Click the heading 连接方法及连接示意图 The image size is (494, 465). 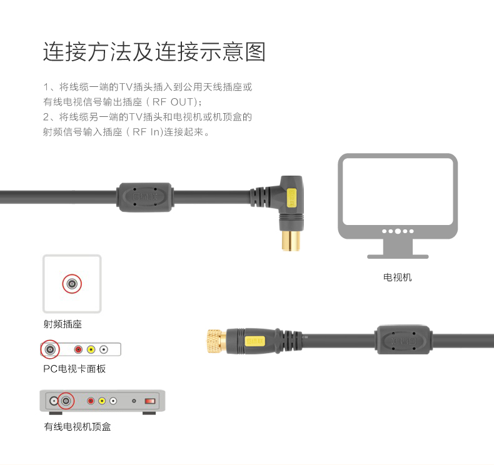(x=154, y=52)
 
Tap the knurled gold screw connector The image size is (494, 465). (x=216, y=341)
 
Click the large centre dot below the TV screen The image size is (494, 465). (x=398, y=231)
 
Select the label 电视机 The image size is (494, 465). (x=398, y=277)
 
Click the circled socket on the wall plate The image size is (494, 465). (x=72, y=284)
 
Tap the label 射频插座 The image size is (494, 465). (x=63, y=324)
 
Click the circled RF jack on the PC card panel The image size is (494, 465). (x=50, y=349)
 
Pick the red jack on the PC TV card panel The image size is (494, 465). (x=79, y=350)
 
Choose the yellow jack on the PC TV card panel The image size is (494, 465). (x=91, y=350)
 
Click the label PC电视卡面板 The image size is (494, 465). (x=74, y=369)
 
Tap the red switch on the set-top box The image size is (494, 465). (x=149, y=401)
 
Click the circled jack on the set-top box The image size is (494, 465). (x=65, y=401)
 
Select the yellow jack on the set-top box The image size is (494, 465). (x=102, y=401)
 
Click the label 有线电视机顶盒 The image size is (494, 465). (x=78, y=427)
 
